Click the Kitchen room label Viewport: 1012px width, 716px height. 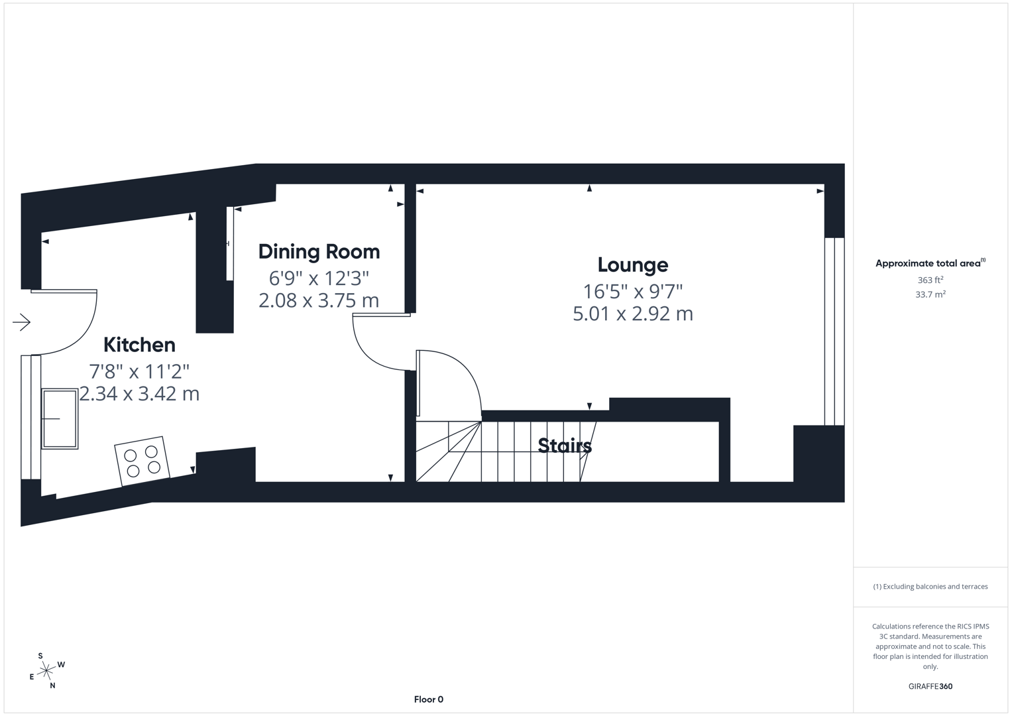tap(139, 345)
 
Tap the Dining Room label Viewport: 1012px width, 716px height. tap(319, 252)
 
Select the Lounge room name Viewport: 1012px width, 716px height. tap(632, 265)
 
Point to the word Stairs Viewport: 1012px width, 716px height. tap(565, 446)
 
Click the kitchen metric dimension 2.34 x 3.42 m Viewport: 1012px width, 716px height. tap(139, 394)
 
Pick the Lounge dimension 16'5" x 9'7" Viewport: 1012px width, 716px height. tap(632, 291)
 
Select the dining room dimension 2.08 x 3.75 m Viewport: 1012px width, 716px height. tap(319, 300)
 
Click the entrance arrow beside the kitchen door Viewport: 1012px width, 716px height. tap(21, 323)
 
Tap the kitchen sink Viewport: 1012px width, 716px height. tap(60, 418)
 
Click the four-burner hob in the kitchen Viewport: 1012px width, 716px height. tap(142, 461)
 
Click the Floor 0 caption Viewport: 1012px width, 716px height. tap(428, 699)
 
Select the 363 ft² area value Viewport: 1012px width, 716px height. tap(930, 280)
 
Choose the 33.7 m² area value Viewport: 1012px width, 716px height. tap(930, 294)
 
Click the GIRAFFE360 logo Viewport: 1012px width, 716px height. tap(930, 686)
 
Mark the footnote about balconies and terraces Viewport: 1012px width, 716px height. tap(930, 587)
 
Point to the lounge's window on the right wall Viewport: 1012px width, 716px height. tap(834, 331)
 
